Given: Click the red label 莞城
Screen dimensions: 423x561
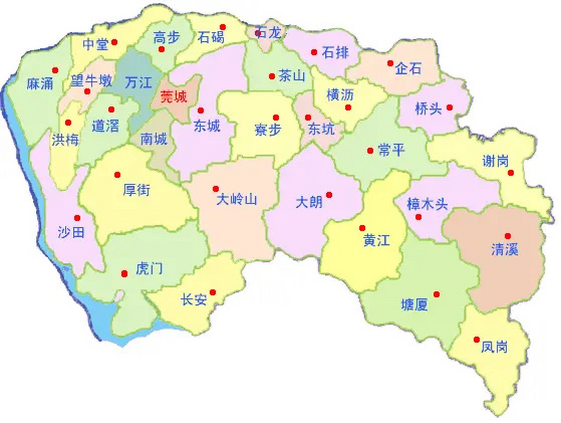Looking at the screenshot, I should pyautogui.click(x=174, y=97).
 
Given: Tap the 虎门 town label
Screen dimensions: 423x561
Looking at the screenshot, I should pyautogui.click(x=149, y=268).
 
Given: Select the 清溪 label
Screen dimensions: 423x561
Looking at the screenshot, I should pyautogui.click(x=505, y=249).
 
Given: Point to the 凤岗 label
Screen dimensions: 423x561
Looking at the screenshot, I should pyautogui.click(x=494, y=347).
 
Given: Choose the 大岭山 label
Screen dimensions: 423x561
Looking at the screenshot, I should pyautogui.click(x=236, y=199).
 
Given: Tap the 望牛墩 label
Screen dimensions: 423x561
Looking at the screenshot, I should pyautogui.click(x=91, y=81).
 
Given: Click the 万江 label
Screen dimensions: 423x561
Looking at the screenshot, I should pyautogui.click(x=138, y=82).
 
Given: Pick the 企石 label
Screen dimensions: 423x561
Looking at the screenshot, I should pyautogui.click(x=408, y=69).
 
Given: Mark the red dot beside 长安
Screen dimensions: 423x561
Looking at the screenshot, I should pyautogui.click(x=213, y=292).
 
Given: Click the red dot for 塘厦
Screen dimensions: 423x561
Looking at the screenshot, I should pyautogui.click(x=437, y=294).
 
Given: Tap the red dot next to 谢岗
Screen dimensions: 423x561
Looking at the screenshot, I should pyautogui.click(x=511, y=173).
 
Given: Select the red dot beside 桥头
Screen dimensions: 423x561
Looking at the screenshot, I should pyautogui.click(x=449, y=107).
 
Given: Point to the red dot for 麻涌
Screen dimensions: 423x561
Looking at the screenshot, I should pyautogui.click(x=55, y=70).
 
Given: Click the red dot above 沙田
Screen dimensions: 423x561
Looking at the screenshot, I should pyautogui.click(x=77, y=218).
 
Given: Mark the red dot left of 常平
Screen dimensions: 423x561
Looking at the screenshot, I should pyautogui.click(x=370, y=151).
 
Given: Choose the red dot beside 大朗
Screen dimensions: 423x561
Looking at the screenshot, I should pyautogui.click(x=329, y=195).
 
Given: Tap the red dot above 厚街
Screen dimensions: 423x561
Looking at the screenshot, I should pyautogui.click(x=117, y=174).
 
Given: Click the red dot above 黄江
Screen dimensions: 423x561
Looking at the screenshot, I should pyautogui.click(x=362, y=228).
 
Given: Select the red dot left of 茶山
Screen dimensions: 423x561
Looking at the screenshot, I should pyautogui.click(x=272, y=76).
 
